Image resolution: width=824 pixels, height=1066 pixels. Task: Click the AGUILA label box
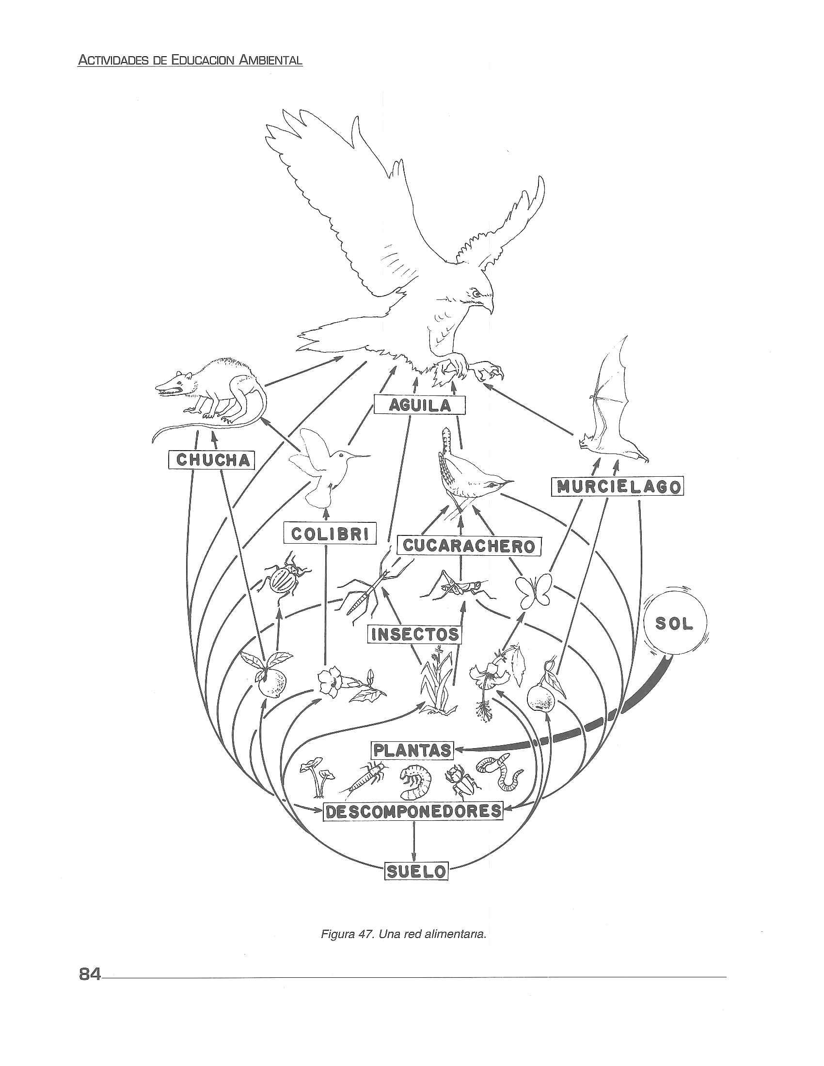[x=419, y=405]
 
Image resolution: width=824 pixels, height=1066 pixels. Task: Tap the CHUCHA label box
[x=212, y=460]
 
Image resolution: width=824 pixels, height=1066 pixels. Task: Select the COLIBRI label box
[x=330, y=534]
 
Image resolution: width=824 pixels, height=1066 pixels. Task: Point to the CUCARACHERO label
[x=469, y=546]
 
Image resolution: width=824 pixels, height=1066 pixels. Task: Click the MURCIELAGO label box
[x=617, y=486]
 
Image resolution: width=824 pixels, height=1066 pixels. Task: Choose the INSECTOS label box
[x=414, y=634]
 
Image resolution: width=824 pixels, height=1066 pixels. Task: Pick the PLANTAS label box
[x=412, y=750]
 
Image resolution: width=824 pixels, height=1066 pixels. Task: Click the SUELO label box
[x=416, y=871]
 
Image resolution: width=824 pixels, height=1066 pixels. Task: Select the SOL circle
[x=674, y=624]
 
